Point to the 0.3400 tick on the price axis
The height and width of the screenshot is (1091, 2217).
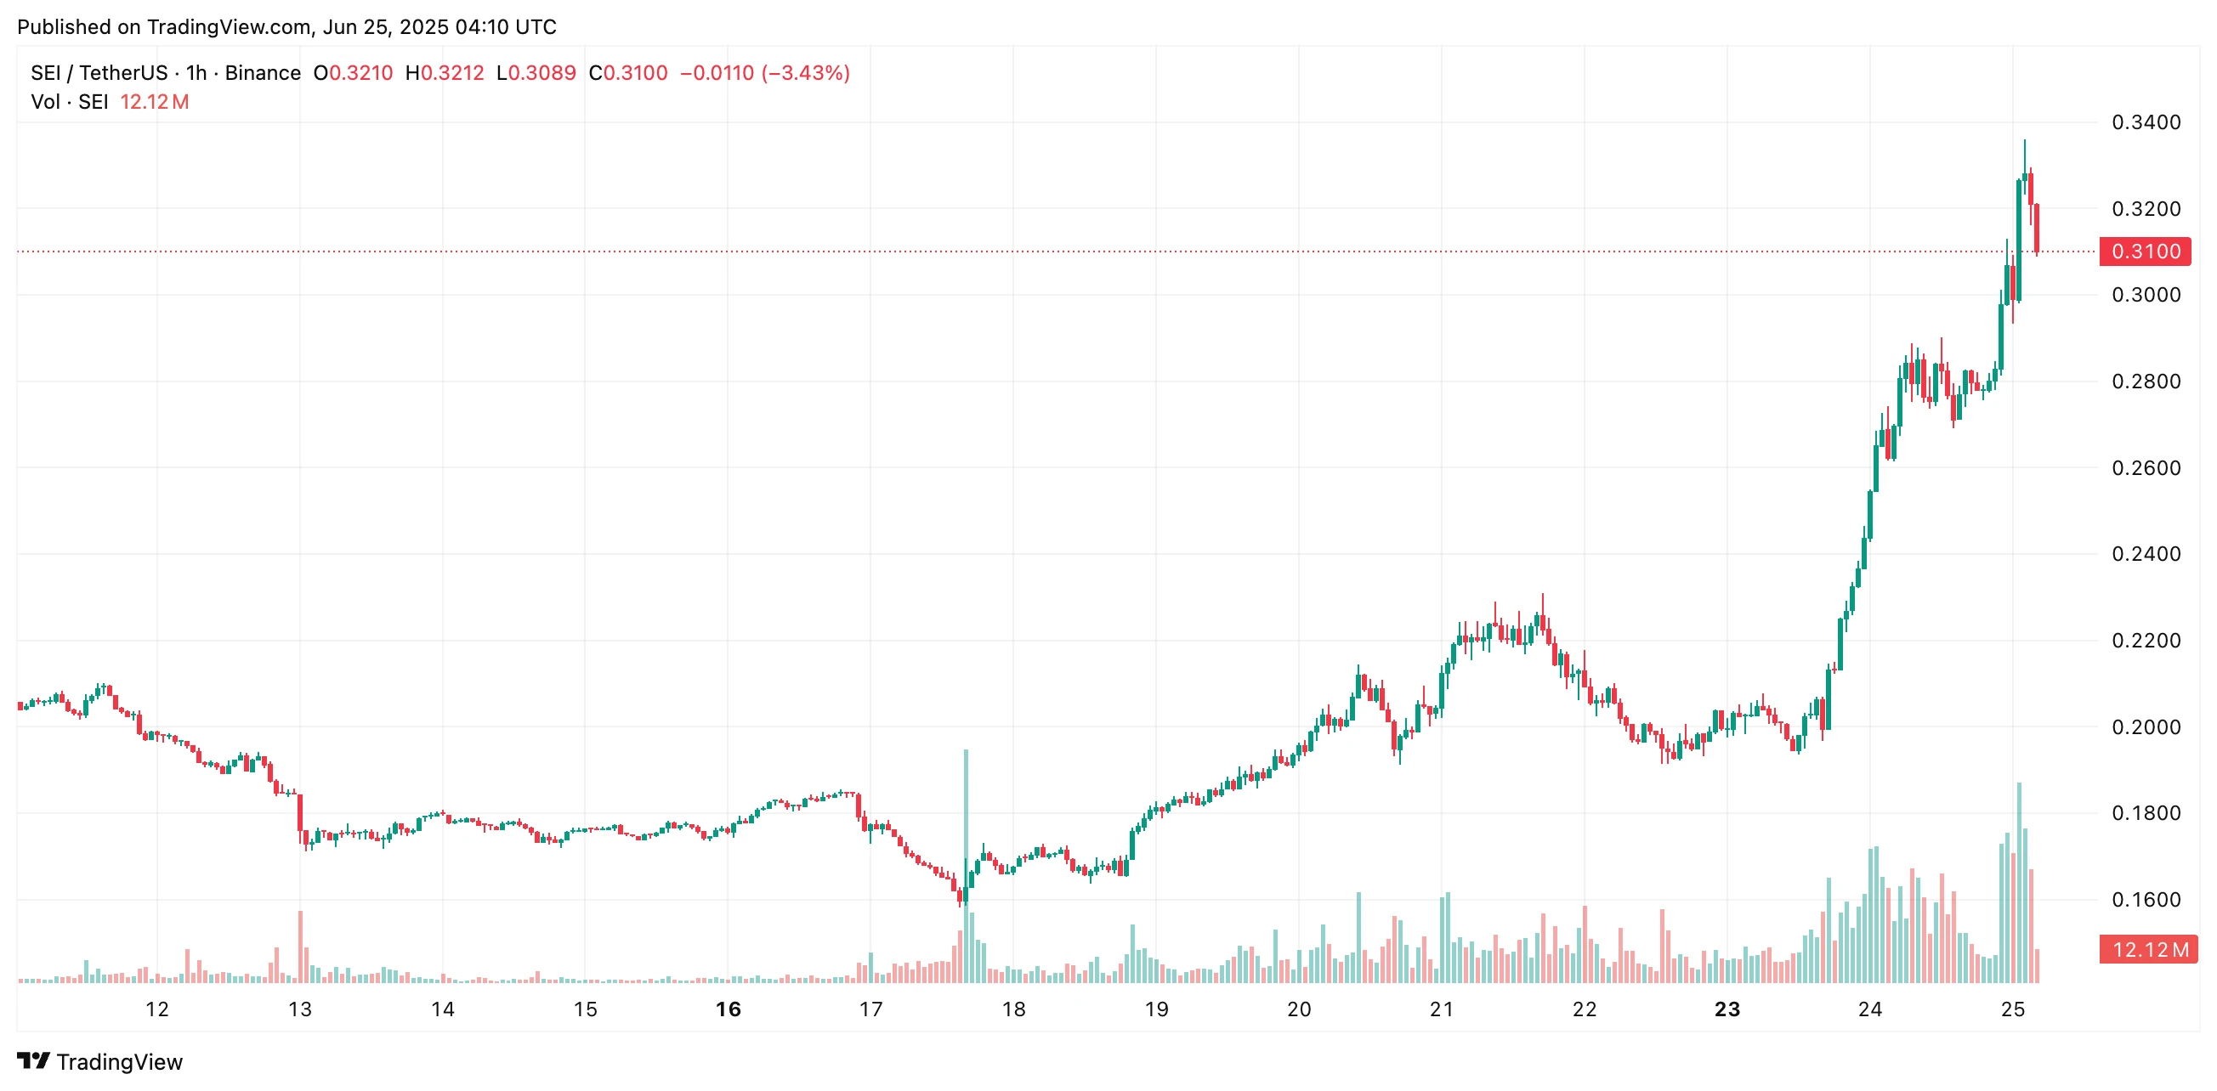[2146, 122]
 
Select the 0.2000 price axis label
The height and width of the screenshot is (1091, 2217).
[2146, 727]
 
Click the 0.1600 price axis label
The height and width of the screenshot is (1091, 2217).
[2146, 900]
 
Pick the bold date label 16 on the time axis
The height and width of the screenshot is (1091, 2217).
[729, 1009]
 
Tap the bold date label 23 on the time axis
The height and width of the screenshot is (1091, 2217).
[1727, 1009]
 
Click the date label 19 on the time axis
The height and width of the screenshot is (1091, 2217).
[1156, 1009]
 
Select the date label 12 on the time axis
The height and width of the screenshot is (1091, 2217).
[156, 1009]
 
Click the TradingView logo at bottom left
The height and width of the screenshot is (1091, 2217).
[99, 1062]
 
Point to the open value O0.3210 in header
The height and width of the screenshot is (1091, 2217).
[353, 73]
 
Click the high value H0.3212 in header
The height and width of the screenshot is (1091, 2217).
[444, 73]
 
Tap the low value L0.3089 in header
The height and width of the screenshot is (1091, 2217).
[536, 73]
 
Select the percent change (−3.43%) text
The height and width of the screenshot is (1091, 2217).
[806, 73]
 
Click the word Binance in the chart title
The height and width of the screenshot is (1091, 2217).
[263, 73]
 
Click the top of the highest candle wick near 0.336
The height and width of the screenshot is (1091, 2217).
[2024, 141]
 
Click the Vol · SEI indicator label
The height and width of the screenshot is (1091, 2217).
[69, 103]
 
